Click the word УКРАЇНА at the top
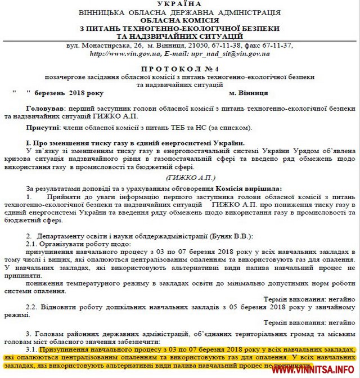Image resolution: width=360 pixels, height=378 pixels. click(179, 4)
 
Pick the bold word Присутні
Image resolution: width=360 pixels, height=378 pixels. click(43, 128)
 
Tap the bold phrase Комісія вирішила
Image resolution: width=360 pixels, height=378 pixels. click(248, 187)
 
